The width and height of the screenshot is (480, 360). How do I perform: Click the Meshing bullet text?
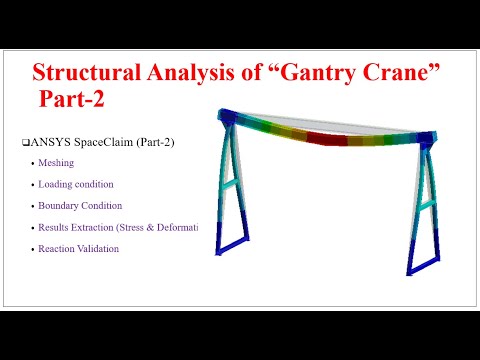(56, 163)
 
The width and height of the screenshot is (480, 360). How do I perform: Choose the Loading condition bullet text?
(76, 184)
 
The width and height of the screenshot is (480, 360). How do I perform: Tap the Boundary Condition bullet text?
(80, 205)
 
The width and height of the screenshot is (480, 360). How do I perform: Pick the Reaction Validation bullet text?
(78, 248)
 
